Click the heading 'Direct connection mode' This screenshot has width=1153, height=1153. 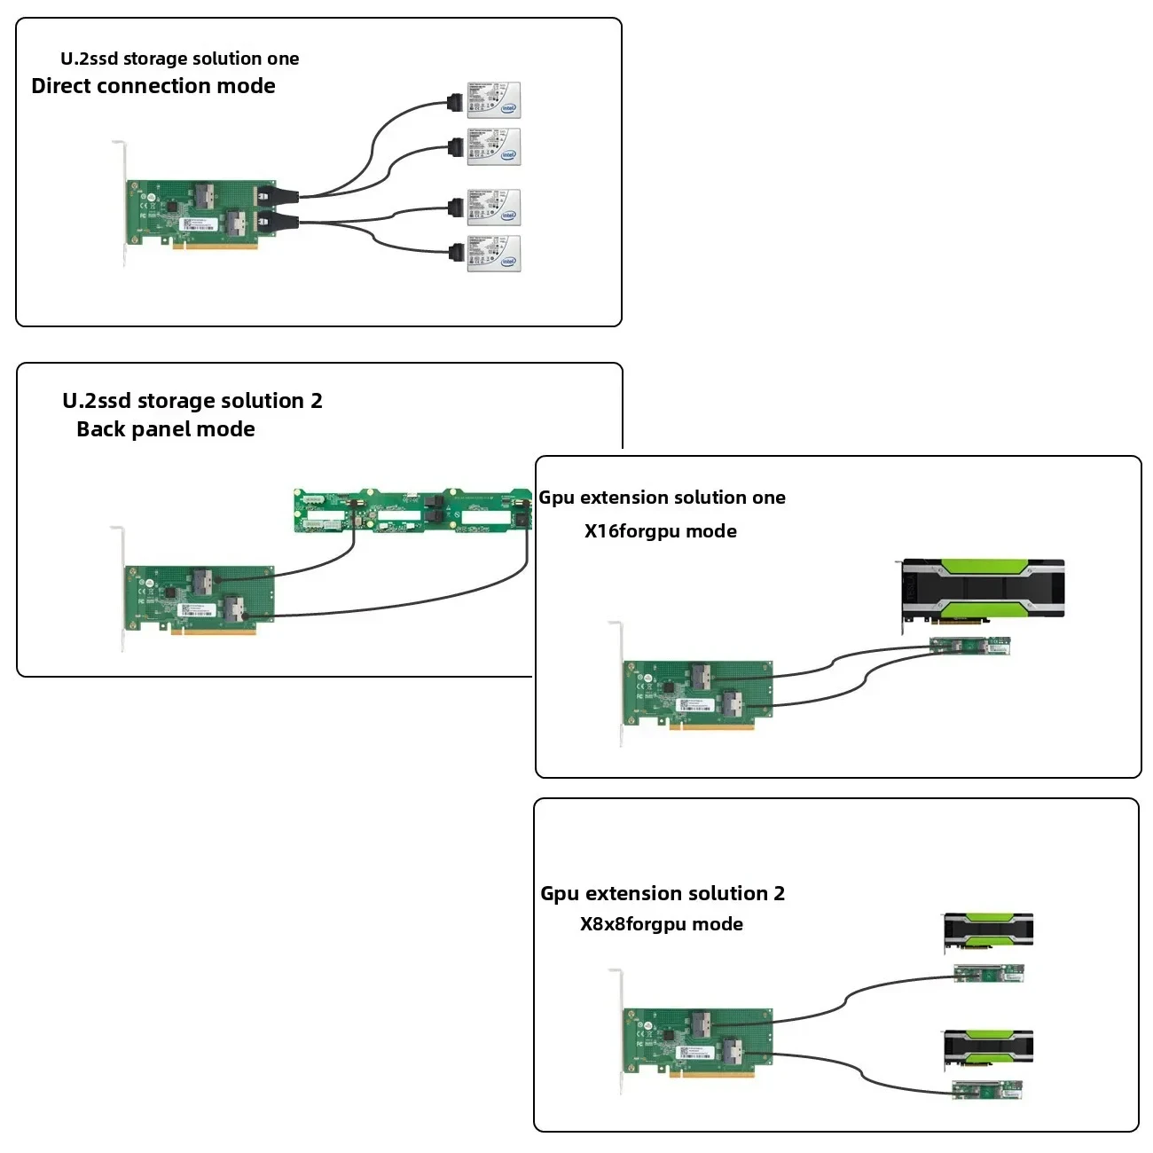(x=153, y=86)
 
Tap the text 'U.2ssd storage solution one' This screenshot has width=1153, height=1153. (x=179, y=59)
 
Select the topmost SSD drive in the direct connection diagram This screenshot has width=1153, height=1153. (x=493, y=100)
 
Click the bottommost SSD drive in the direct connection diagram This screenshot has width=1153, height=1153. (x=493, y=254)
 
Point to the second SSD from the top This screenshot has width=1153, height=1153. (x=493, y=147)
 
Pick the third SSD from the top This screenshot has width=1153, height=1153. (x=493, y=208)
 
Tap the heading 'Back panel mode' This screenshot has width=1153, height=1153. (x=166, y=429)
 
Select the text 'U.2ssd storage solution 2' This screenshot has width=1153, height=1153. (x=192, y=401)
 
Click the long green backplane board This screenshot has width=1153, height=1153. (x=412, y=511)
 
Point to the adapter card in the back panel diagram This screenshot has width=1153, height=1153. (x=200, y=599)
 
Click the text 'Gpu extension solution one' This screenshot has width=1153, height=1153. (x=663, y=498)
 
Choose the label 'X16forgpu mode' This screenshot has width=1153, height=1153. (x=661, y=531)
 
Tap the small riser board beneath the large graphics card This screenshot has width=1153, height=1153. (x=969, y=646)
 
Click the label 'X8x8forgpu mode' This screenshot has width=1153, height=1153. (x=662, y=924)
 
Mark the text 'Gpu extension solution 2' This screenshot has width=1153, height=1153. (x=663, y=893)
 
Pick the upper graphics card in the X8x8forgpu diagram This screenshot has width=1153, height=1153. (x=988, y=931)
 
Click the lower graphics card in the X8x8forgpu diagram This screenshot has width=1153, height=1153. (x=988, y=1049)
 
